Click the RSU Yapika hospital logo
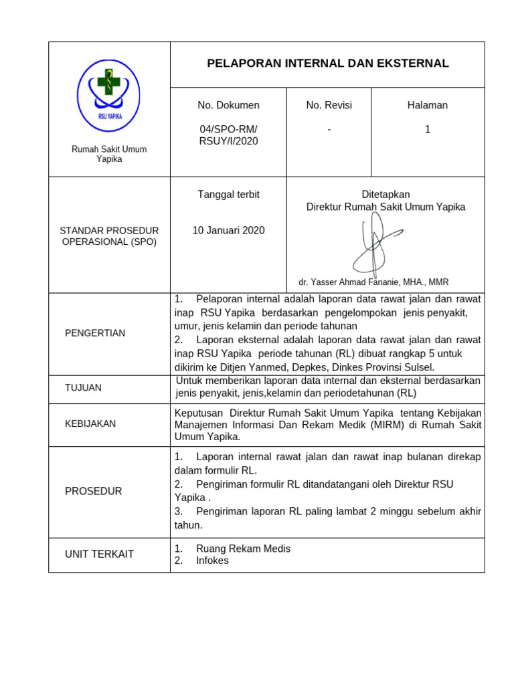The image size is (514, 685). [109, 95]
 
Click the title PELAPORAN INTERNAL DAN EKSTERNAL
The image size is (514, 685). [328, 64]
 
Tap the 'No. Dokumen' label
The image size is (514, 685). [228, 105]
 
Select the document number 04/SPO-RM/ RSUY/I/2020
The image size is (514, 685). [228, 135]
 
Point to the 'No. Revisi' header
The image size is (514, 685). [329, 105]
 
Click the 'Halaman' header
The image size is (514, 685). [427, 105]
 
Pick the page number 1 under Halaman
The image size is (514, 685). [427, 130]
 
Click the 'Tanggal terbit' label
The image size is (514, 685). [228, 195]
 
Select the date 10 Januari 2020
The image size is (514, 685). [228, 231]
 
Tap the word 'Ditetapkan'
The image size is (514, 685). [385, 195]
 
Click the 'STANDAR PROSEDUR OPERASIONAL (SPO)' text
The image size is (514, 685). [109, 236]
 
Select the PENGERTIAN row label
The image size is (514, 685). [95, 333]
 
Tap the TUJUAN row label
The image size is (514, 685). [84, 388]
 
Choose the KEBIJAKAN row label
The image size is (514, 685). [90, 423]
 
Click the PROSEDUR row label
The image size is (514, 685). [94, 492]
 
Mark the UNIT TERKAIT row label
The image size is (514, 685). [99, 554]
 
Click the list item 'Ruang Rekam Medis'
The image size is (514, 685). [243, 549]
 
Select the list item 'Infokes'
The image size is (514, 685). [212, 561]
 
